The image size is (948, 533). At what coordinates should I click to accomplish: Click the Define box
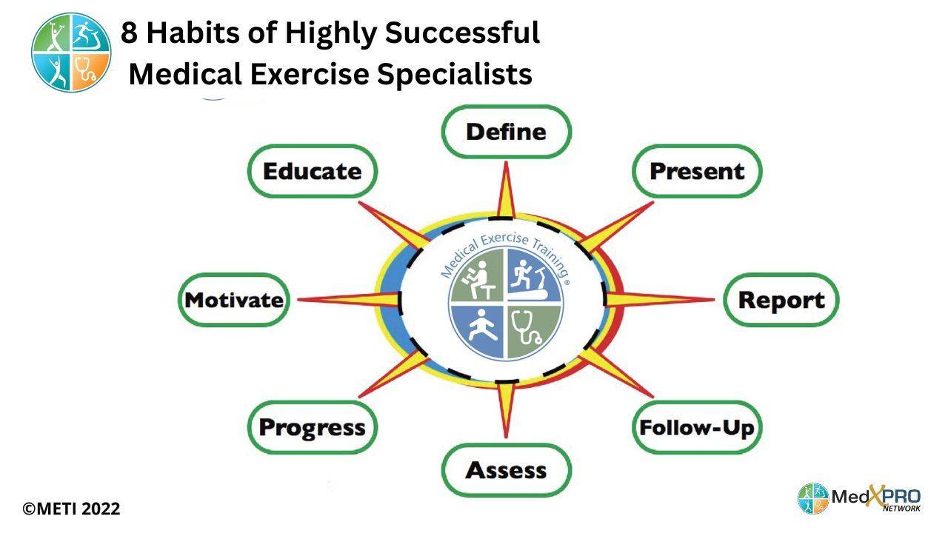[507, 132]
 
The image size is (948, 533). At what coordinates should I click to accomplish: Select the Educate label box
[312, 171]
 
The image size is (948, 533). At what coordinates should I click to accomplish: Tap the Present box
[696, 171]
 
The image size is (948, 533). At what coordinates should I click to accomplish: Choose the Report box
[781, 300]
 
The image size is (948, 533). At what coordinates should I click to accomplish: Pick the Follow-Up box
[696, 427]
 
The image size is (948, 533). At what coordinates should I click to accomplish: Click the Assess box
[507, 469]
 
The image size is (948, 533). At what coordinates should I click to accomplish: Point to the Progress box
[312, 427]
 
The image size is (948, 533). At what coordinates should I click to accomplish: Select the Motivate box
[233, 300]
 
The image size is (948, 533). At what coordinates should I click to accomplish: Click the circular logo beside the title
[71, 52]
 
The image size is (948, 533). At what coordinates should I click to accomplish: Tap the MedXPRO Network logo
[859, 498]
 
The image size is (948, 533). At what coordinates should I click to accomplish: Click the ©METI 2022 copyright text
[71, 509]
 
